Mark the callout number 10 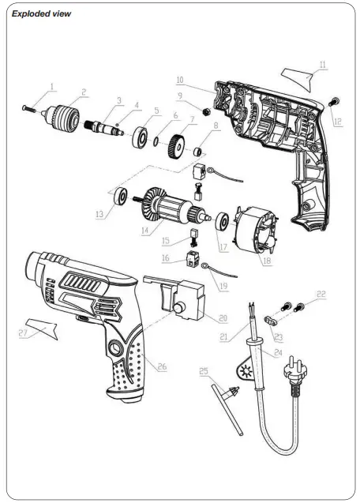coord(179,80)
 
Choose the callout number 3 coord(118,100)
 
